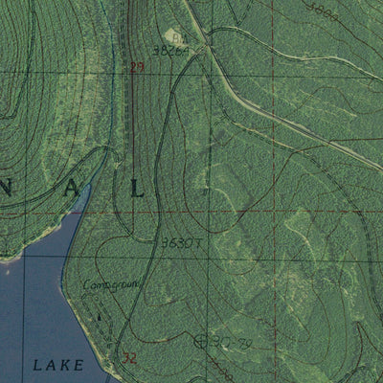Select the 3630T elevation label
(x=180, y=242)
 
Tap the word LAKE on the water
(x=56, y=365)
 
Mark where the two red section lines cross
(x=275, y=209)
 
